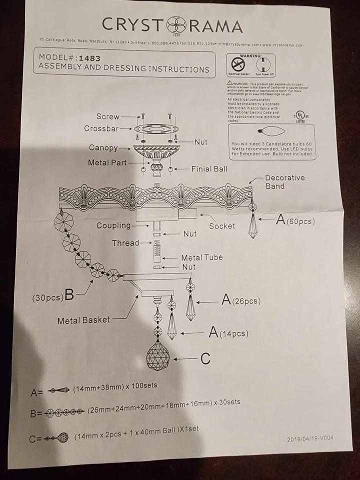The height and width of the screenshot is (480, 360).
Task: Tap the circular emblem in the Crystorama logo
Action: click(x=176, y=25)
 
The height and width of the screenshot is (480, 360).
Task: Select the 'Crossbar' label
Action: click(x=101, y=128)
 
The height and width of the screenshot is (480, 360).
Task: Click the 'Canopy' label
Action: click(x=103, y=148)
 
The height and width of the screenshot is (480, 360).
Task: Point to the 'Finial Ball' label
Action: click(x=209, y=169)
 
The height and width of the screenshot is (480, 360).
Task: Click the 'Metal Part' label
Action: click(x=107, y=163)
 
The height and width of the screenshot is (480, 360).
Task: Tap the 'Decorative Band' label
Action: click(x=284, y=182)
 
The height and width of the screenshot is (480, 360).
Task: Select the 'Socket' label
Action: click(x=222, y=226)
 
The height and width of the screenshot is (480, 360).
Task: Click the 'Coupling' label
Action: click(x=113, y=225)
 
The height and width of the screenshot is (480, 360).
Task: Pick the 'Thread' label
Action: click(x=125, y=243)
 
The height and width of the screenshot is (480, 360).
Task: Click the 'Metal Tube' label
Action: click(x=202, y=257)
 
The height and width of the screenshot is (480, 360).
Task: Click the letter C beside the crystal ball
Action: click(x=205, y=358)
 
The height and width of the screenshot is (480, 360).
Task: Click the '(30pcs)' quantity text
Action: click(x=48, y=297)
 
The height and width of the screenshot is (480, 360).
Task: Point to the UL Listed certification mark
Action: click(x=300, y=116)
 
